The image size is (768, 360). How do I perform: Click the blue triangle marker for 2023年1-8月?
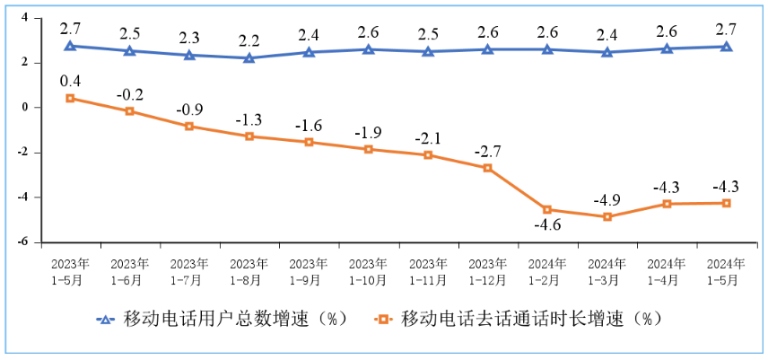(x=249, y=58)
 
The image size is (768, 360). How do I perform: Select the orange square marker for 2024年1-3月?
(x=607, y=217)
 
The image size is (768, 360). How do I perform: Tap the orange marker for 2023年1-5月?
(x=70, y=98)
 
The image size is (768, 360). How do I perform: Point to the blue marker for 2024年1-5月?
(x=727, y=47)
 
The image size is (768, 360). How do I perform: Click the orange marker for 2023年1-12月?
(x=488, y=168)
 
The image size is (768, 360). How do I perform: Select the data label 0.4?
(x=70, y=81)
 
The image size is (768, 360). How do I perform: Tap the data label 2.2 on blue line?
(x=249, y=40)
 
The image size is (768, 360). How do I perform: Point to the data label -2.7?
(x=488, y=150)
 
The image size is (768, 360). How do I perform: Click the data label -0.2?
(x=131, y=93)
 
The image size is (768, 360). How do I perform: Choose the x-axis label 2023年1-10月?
(x=369, y=272)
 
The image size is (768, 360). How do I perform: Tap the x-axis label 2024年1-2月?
(x=547, y=272)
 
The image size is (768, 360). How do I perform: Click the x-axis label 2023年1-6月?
(x=130, y=272)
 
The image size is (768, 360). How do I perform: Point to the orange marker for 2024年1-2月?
(x=547, y=210)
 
